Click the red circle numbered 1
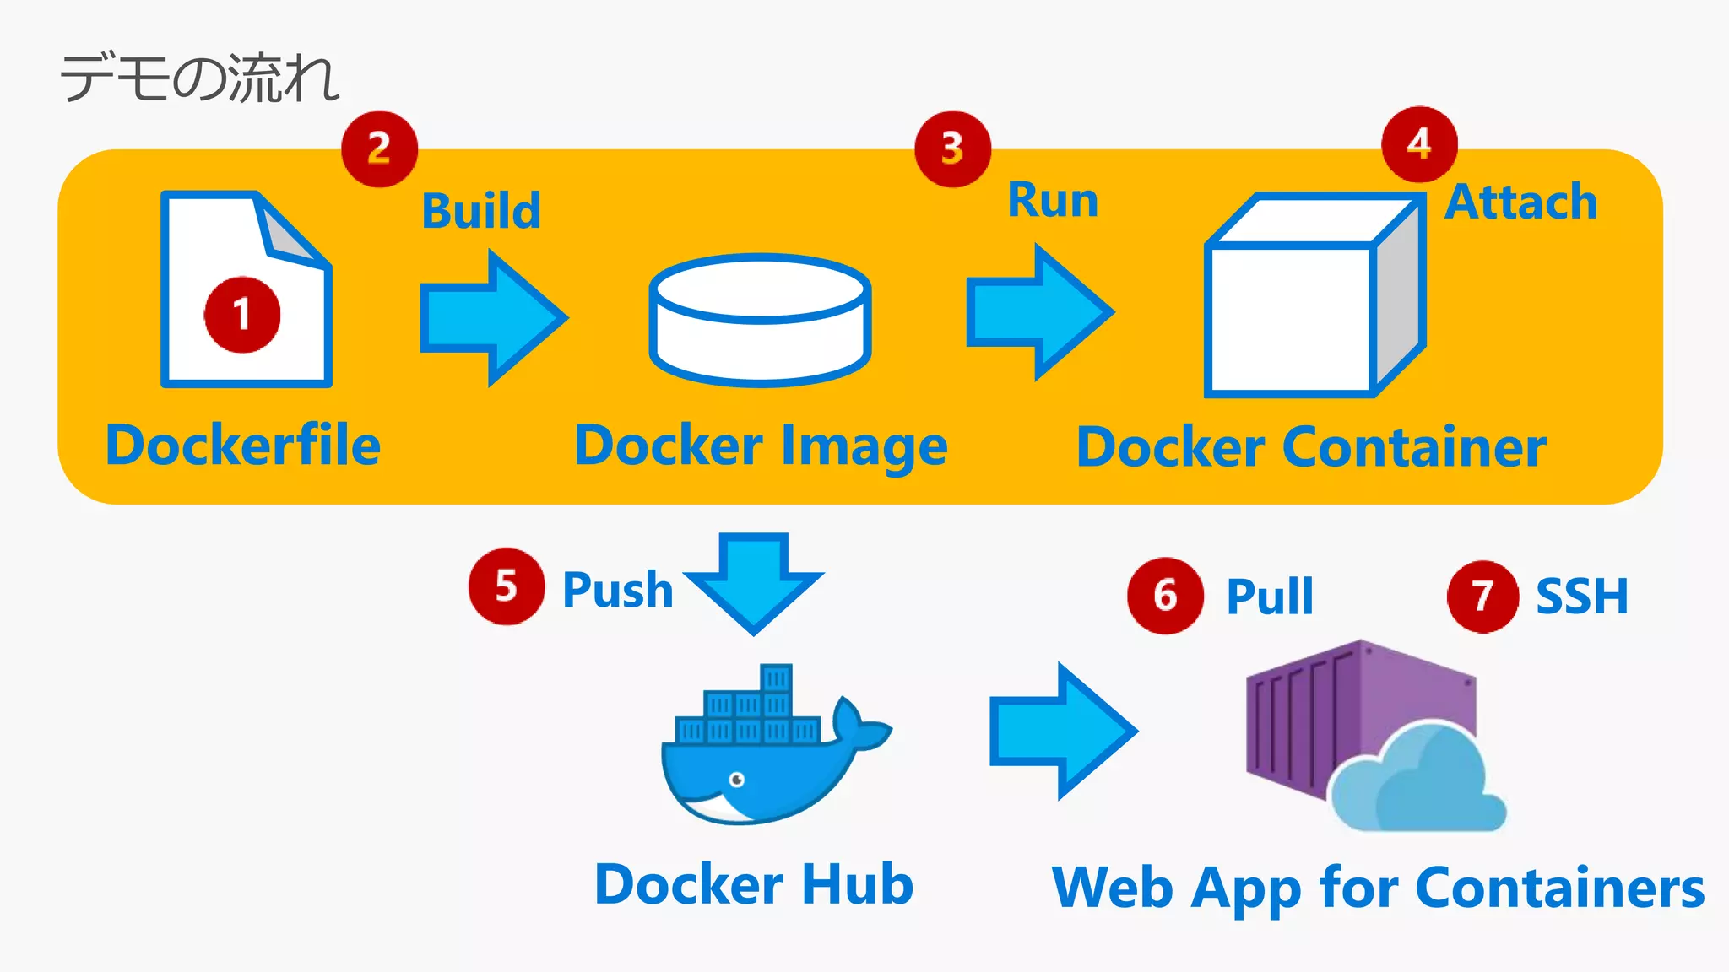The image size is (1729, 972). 242,315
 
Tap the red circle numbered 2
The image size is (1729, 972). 379,148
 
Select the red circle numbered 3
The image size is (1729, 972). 952,148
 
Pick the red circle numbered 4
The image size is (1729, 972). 1419,144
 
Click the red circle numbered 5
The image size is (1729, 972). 506,586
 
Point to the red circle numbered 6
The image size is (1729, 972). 1165,596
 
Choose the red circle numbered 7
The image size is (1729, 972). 1482,597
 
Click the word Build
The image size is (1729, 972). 480,211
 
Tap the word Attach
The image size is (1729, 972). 1520,202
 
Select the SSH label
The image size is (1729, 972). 1581,597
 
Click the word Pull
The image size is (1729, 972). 1270,597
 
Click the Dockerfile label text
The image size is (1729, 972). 243,445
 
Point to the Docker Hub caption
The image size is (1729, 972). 754,884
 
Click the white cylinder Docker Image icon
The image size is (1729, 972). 760,321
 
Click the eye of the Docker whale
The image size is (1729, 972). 736,779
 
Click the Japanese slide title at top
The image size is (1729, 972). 199,78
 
